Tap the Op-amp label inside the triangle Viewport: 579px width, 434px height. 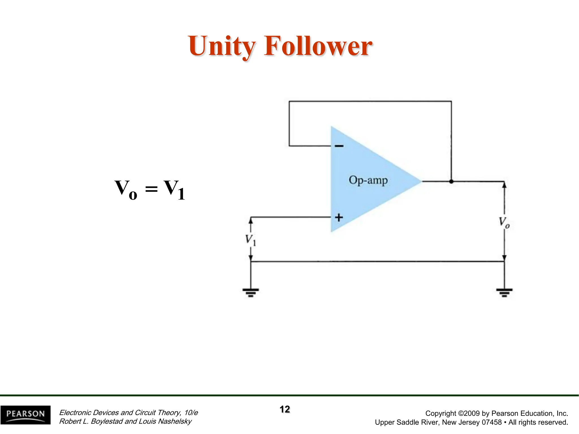tap(368, 180)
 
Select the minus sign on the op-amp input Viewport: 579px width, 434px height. tap(339, 146)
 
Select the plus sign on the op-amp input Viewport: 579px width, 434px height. tap(339, 217)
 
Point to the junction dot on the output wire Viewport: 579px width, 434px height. tap(451, 181)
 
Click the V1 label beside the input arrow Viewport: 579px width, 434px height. tap(250, 240)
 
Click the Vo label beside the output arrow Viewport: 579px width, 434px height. tap(504, 222)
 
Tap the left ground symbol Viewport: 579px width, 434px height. tap(250, 292)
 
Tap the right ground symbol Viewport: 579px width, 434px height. tap(504, 292)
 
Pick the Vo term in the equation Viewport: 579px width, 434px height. tap(126, 189)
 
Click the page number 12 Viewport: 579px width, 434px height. tap(285, 409)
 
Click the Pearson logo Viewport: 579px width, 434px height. tap(25, 415)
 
